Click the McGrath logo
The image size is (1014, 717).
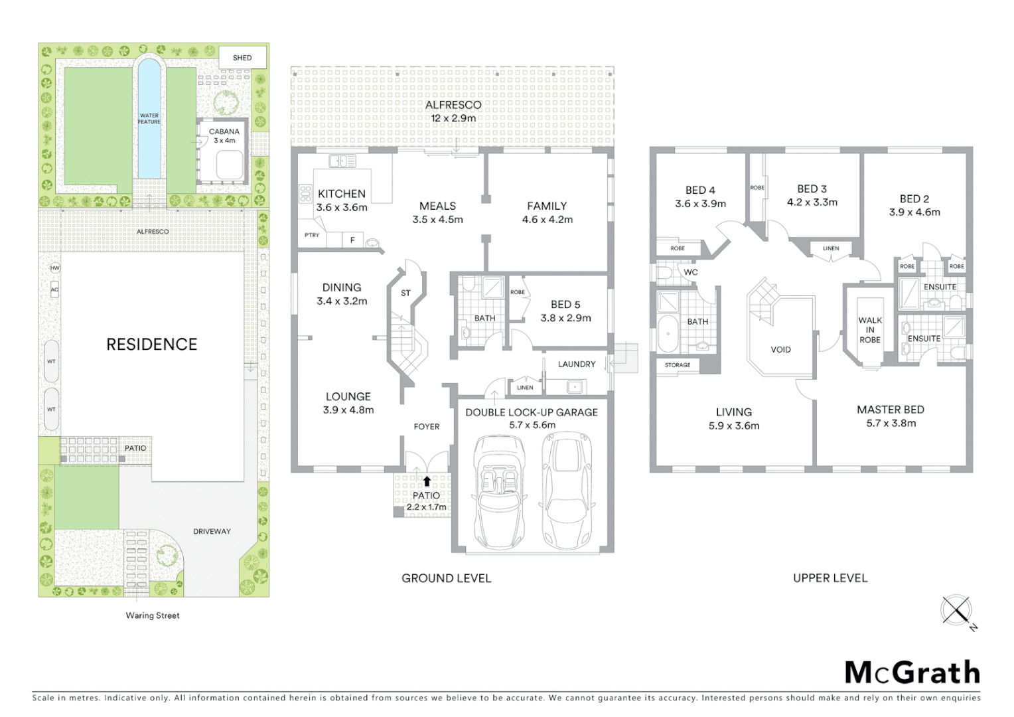click(x=912, y=673)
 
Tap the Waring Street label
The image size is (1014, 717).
click(x=153, y=615)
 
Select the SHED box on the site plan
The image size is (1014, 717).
click(x=242, y=58)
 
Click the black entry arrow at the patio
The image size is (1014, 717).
click(x=426, y=481)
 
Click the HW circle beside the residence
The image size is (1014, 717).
click(x=54, y=268)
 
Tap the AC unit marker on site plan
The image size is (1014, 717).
click(x=54, y=289)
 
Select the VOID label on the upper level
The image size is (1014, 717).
click(x=780, y=349)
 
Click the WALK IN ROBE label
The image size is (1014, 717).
click(x=869, y=330)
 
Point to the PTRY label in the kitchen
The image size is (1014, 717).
click(x=312, y=235)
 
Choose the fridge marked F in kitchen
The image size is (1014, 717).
click(x=352, y=240)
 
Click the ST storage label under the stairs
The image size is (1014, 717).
click(x=405, y=293)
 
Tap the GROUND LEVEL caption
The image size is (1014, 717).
click(x=446, y=578)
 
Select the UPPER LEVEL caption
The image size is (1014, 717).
click(x=830, y=578)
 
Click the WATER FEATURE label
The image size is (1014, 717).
click(x=149, y=119)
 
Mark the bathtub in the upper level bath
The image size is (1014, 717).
click(x=666, y=334)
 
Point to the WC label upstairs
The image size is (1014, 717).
click(x=690, y=272)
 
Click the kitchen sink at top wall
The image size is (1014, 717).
click(x=342, y=161)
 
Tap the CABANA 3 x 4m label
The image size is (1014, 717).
click(x=224, y=135)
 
